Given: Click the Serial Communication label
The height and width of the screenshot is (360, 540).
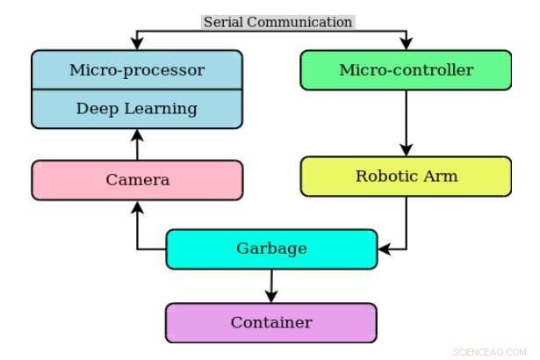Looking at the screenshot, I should point(277,22).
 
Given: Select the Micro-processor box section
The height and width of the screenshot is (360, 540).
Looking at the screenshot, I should point(136,69).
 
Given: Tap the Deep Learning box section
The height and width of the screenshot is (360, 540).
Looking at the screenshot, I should point(136,109).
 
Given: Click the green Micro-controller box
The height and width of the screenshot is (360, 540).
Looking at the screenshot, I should point(406,70).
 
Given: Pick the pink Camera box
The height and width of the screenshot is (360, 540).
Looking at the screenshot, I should point(136,180).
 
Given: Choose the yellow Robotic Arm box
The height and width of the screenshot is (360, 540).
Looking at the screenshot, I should point(406,176).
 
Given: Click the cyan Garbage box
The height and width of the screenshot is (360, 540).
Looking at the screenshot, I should point(271,248).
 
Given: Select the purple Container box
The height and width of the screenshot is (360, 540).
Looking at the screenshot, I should point(271,322).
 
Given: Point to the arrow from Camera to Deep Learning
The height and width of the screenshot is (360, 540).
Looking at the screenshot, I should point(136,145).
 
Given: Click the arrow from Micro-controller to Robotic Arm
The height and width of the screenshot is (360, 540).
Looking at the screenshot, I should point(406,123).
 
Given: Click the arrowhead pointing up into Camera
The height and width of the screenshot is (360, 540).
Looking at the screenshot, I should point(136,206).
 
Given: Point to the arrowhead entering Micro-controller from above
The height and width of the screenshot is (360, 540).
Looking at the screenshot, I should point(406,43).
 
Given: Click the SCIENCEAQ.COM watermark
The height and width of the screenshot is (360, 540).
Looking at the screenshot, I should point(488,351).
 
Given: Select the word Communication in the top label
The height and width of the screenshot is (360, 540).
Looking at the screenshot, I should point(301,22).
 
